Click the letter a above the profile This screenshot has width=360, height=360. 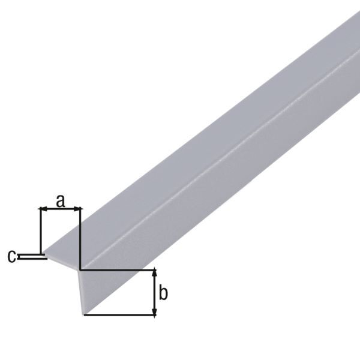(60, 200)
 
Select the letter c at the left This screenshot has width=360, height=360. (11, 256)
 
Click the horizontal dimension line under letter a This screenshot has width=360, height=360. (60, 209)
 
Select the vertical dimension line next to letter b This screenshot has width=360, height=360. (155, 293)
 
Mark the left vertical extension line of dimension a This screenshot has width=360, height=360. (40, 231)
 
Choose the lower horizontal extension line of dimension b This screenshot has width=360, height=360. (120, 315)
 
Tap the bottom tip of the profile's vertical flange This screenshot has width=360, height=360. (83, 313)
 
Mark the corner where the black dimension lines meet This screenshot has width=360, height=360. (80, 270)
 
